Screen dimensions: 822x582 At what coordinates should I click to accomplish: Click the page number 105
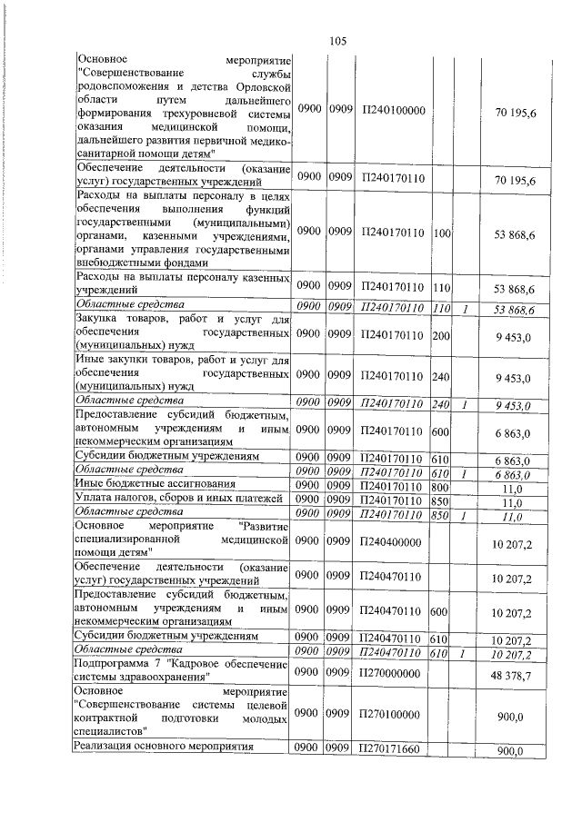(338, 40)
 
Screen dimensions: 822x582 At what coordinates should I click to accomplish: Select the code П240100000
(393, 110)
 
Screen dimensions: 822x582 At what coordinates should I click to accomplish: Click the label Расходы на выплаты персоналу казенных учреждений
(183, 282)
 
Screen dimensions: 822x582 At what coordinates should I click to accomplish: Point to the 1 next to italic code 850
(464, 516)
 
